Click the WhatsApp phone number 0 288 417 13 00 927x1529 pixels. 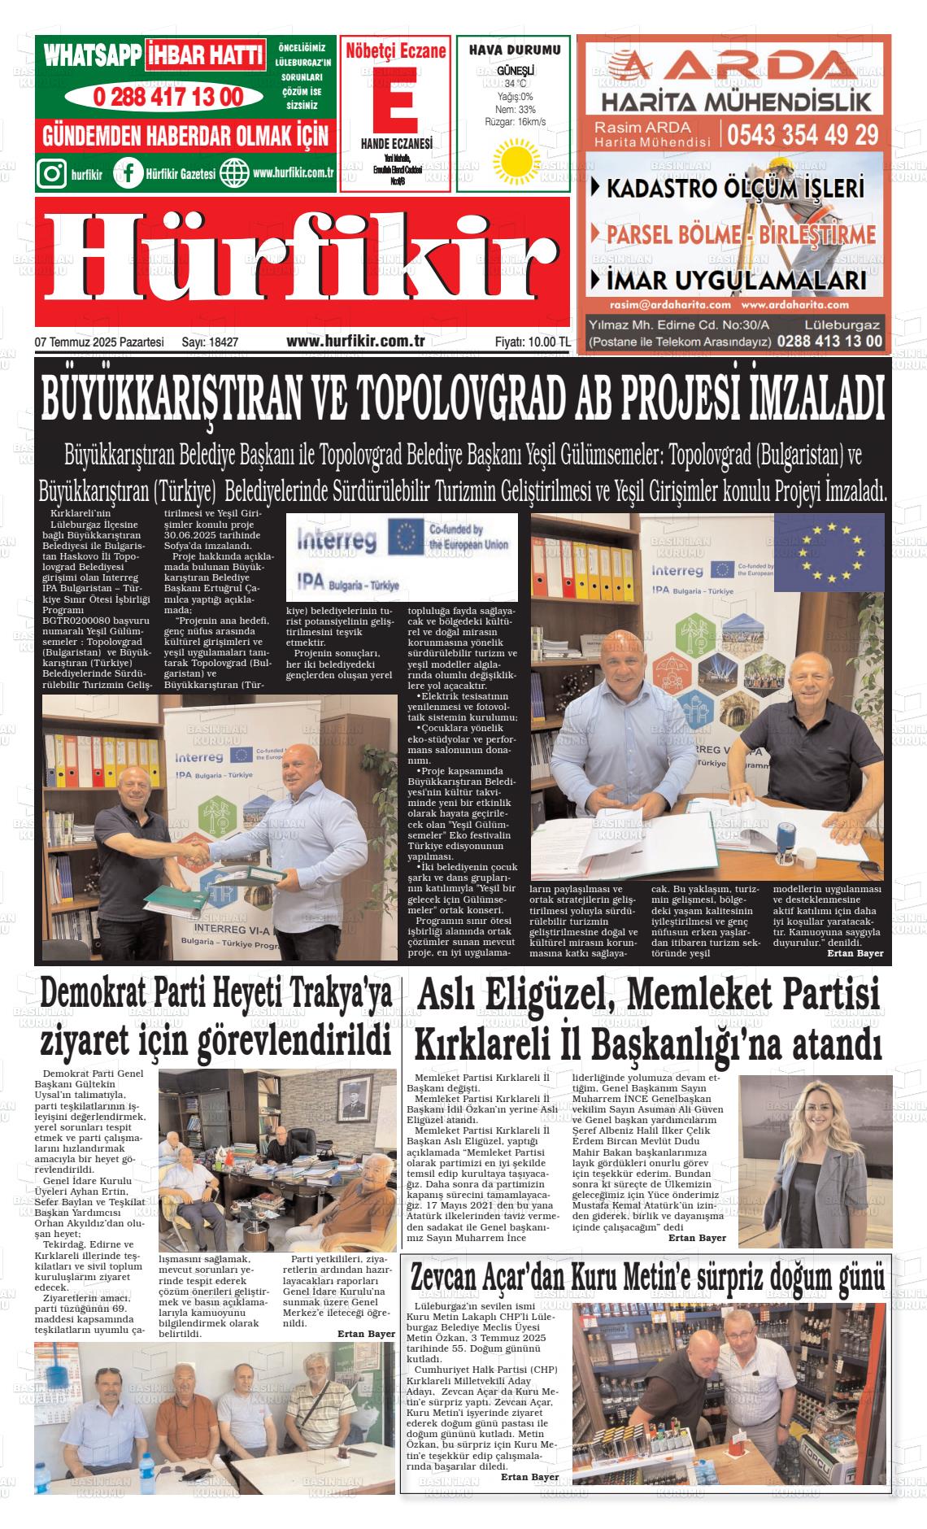coord(168,97)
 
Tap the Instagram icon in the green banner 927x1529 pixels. coord(53,173)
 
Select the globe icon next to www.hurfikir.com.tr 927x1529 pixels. coord(235,173)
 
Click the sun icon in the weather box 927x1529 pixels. coord(513,160)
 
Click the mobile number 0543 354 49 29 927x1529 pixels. coord(803,133)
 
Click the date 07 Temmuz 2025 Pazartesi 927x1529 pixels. coord(99,342)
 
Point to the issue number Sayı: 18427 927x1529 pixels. coord(210,342)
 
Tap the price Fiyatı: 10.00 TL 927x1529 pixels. coord(533,342)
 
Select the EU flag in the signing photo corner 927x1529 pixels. coord(829,552)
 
